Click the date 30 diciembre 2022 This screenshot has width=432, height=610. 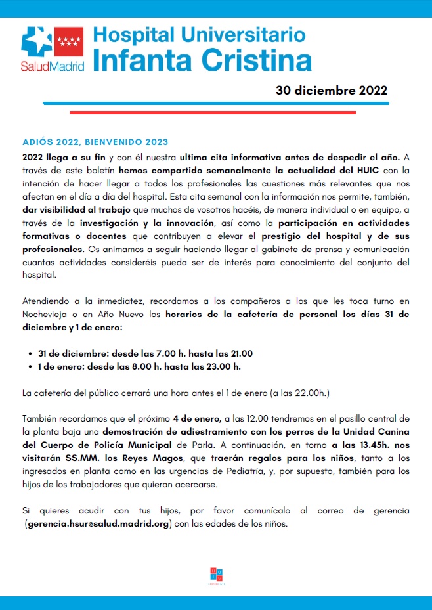pos(331,91)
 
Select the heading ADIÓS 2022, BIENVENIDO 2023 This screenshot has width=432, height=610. pos(95,142)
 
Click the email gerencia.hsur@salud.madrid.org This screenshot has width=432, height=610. pos(97,524)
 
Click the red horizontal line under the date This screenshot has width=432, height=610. pos(213,112)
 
